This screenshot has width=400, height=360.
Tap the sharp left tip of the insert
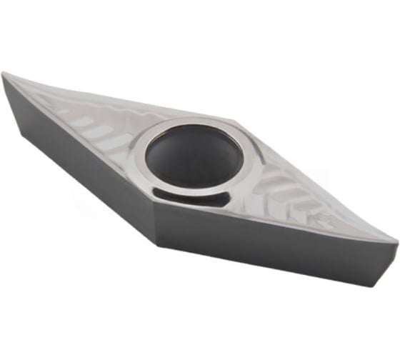(4, 74)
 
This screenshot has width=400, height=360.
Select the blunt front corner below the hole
(154, 207)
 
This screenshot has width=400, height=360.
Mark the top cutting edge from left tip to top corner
(121, 96)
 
